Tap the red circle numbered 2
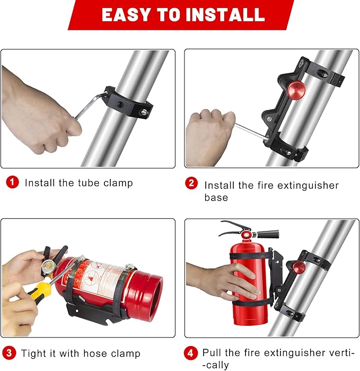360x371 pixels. (191, 183)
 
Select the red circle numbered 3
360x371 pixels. (9, 353)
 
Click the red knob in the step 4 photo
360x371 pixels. (299, 267)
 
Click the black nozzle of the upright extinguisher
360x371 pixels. (268, 234)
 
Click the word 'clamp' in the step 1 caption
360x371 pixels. (117, 183)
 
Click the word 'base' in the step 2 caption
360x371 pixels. (216, 197)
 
